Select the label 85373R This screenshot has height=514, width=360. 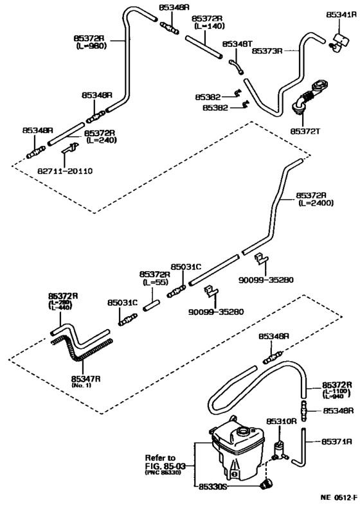(x=267, y=49)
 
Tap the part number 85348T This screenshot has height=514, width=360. (x=237, y=44)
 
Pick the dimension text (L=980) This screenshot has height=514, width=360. (x=91, y=46)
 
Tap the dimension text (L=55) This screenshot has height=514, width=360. (x=154, y=282)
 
